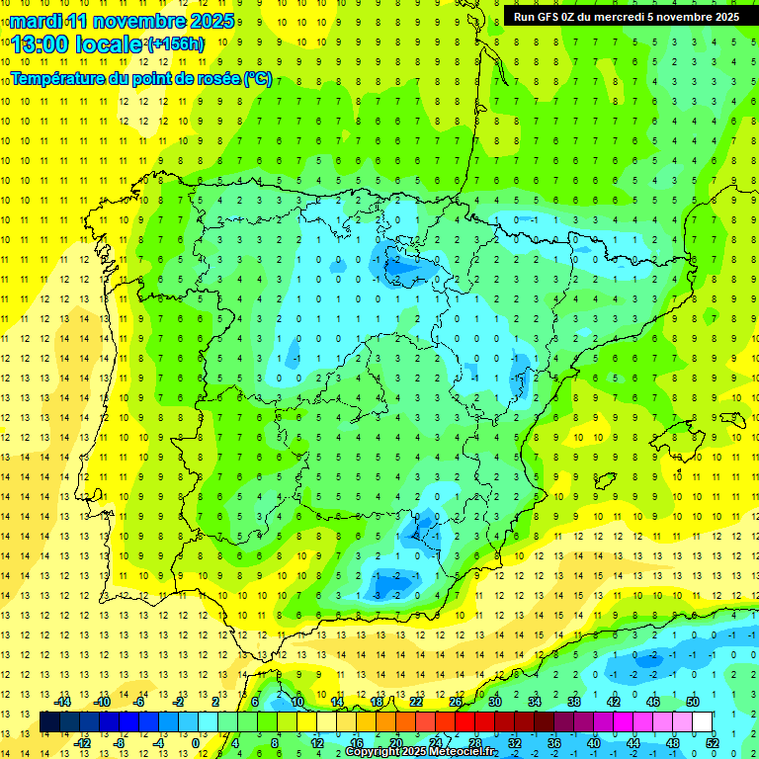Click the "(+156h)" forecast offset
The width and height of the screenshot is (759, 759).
(x=176, y=44)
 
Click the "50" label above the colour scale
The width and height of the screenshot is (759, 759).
(x=693, y=702)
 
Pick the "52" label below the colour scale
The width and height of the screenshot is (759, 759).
(x=713, y=743)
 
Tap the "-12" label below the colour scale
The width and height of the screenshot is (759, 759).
(x=83, y=743)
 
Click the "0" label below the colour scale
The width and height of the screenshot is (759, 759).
(x=195, y=743)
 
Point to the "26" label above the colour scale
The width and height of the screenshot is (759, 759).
(x=456, y=702)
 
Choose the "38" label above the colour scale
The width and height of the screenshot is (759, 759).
(x=574, y=702)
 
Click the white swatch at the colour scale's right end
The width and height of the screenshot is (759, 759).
(x=703, y=722)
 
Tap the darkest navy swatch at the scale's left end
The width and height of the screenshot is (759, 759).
(x=49, y=722)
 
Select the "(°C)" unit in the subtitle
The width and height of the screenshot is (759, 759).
(x=258, y=79)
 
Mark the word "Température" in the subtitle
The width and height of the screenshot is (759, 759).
(x=58, y=79)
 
